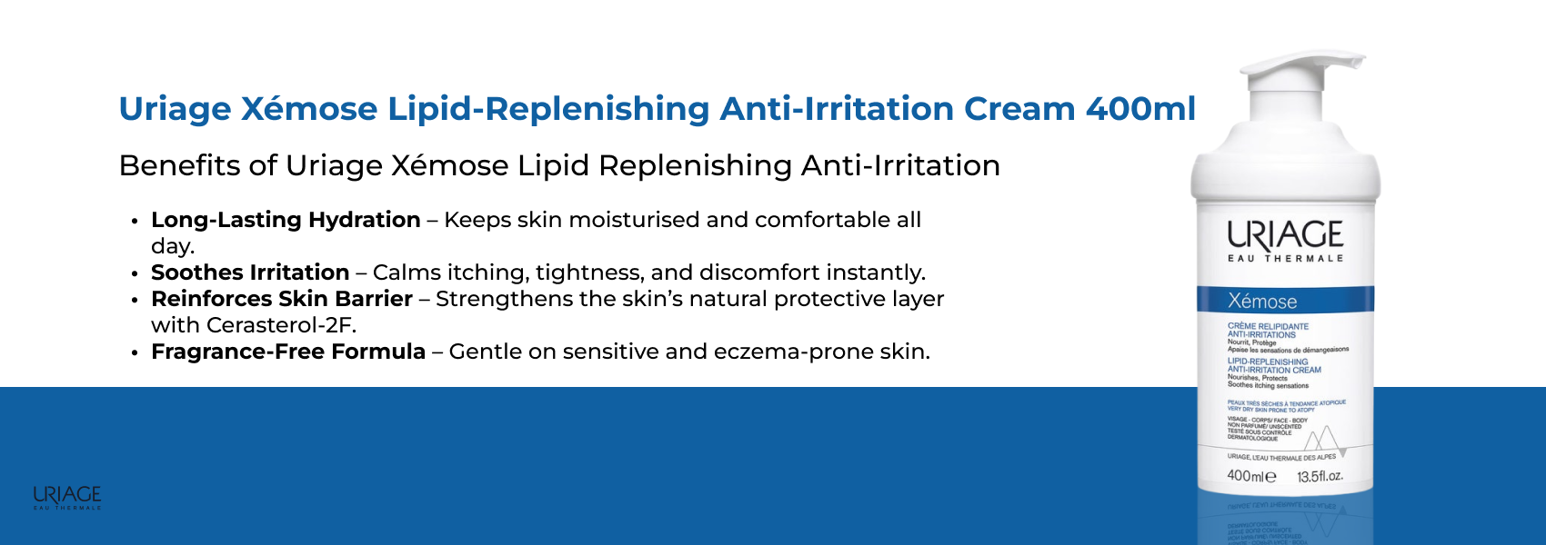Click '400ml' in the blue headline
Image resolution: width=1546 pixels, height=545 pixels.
tap(1140, 109)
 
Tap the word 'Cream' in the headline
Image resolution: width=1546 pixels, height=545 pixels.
tap(1019, 109)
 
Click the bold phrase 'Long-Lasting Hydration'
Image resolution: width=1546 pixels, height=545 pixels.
tap(286, 220)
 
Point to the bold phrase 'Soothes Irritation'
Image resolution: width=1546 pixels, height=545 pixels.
tap(250, 272)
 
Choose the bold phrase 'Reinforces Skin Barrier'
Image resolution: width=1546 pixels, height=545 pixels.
tap(282, 299)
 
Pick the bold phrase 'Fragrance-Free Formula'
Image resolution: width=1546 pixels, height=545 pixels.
tap(288, 352)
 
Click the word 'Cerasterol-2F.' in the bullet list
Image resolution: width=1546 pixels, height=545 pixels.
tap(281, 325)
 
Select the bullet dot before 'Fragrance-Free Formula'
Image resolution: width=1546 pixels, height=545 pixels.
tap(135, 352)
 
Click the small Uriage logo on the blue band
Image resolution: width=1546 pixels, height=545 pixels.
tap(67, 497)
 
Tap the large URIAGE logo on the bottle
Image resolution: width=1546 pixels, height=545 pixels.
tap(1285, 235)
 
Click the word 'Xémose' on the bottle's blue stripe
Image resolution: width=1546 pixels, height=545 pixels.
tap(1262, 302)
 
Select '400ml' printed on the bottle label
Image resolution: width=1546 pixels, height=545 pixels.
tap(1250, 476)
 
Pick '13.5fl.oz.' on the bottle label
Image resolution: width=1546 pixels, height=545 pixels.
tap(1320, 477)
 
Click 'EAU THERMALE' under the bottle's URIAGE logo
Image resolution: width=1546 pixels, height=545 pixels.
tap(1285, 259)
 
